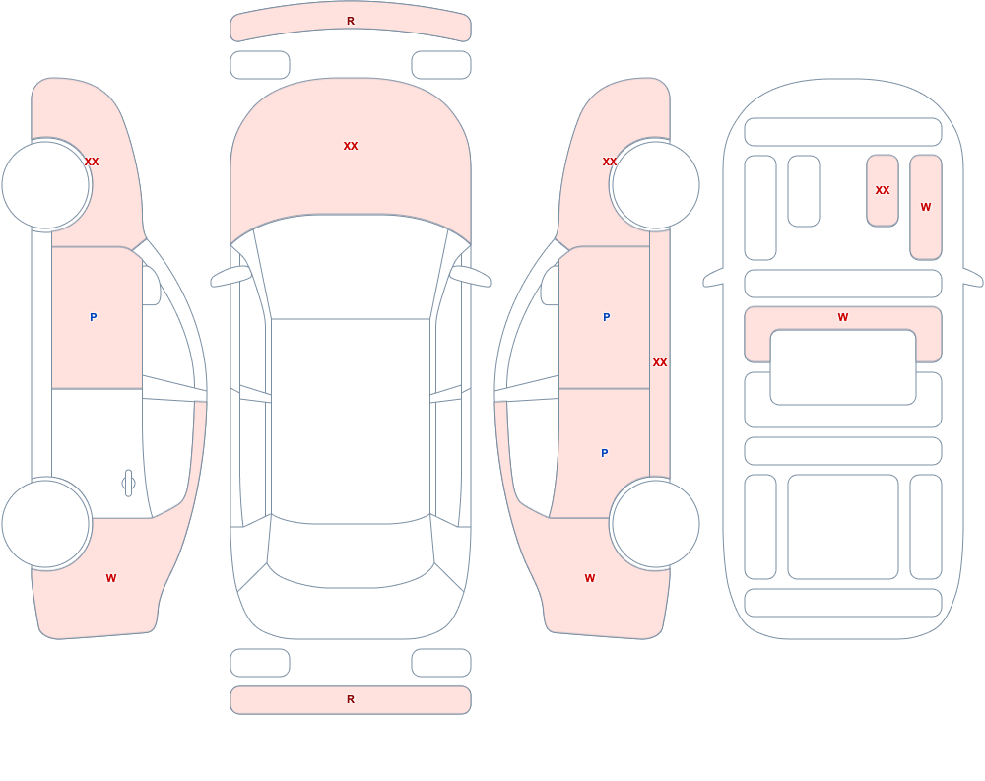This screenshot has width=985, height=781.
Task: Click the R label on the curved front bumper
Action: coord(351,21)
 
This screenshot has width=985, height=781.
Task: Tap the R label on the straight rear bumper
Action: coord(351,699)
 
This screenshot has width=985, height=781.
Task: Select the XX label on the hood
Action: coord(351,146)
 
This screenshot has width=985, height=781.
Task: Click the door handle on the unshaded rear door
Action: coord(128,484)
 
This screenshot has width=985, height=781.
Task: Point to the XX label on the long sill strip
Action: coord(660,362)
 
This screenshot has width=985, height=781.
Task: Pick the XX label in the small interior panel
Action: coord(883,190)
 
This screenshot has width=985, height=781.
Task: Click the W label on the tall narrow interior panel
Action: coord(926,207)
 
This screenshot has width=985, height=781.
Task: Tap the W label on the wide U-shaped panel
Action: coord(843,317)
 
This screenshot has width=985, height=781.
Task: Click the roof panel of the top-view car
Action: coord(351,420)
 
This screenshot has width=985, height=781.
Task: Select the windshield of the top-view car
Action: coord(351,267)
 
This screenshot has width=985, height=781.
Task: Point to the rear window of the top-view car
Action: coord(351,553)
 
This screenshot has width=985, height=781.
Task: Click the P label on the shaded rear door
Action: coord(605,453)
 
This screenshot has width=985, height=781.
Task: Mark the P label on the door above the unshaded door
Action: coord(93,317)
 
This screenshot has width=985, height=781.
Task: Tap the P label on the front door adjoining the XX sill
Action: coord(606,317)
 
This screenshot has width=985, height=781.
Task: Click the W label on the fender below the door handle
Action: coord(111,578)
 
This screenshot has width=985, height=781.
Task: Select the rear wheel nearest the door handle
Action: coord(46,523)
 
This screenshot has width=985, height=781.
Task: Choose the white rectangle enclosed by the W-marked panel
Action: coord(843,367)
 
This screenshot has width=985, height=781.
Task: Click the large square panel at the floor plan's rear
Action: coord(843,527)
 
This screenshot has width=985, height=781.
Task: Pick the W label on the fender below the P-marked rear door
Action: coord(590,578)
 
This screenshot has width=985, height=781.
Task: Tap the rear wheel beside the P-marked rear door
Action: coord(655,523)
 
